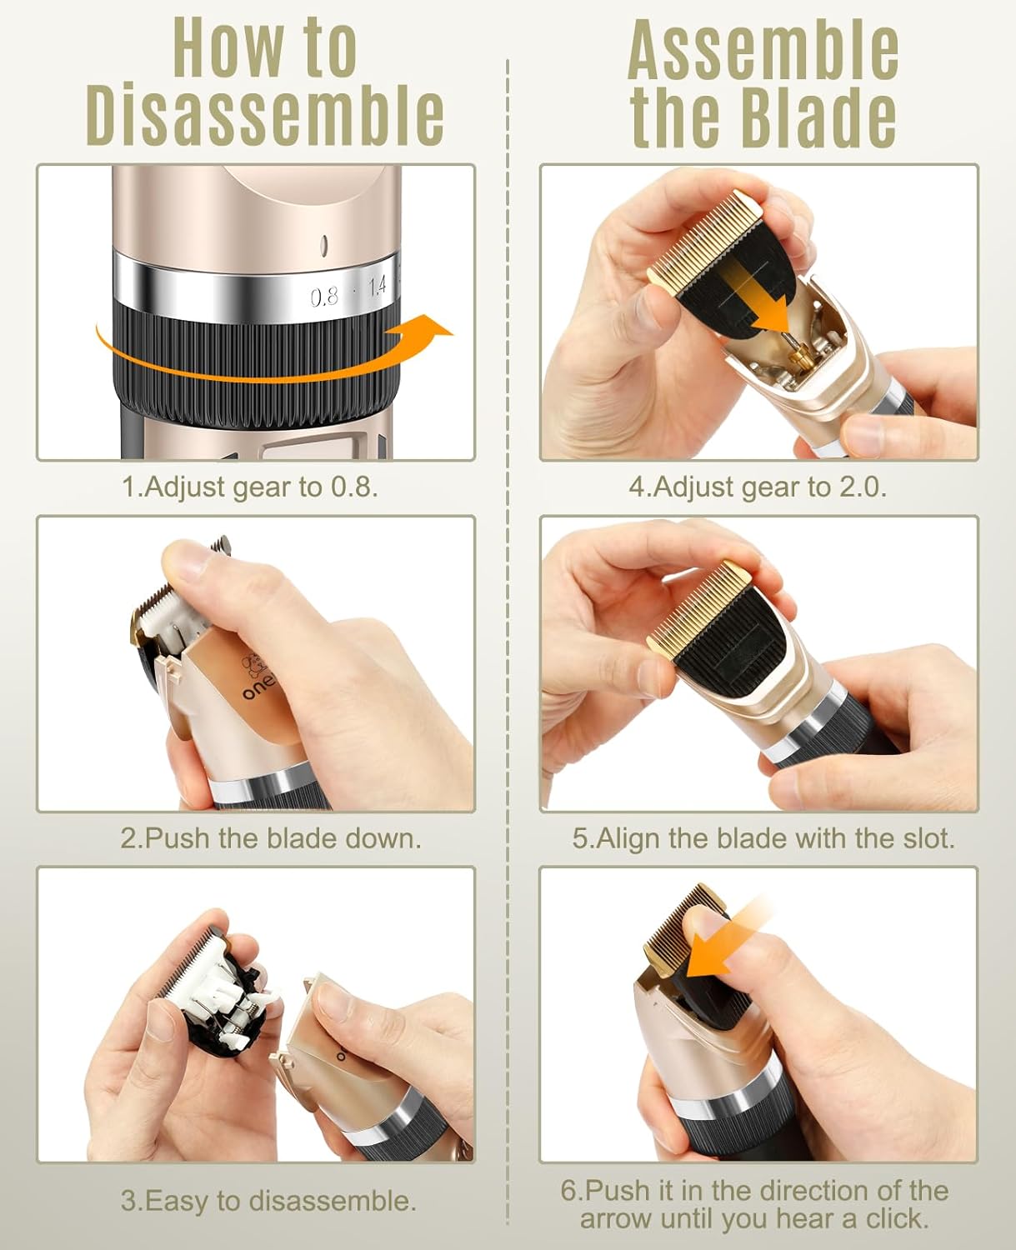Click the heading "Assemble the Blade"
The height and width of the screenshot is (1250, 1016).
[763, 83]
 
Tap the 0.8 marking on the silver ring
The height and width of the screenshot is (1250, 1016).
[324, 296]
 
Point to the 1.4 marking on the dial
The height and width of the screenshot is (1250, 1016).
[377, 287]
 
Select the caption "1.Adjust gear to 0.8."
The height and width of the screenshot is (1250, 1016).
[250, 487]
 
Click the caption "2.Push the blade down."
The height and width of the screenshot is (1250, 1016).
[271, 838]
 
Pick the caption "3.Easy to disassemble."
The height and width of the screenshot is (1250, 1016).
[268, 1201]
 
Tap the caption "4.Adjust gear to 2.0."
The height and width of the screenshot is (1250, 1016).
[758, 487]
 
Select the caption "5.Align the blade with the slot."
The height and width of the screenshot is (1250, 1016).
[763, 838]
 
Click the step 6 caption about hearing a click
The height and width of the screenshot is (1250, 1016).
[754, 1204]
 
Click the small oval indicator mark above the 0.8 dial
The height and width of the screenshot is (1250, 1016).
[323, 246]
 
